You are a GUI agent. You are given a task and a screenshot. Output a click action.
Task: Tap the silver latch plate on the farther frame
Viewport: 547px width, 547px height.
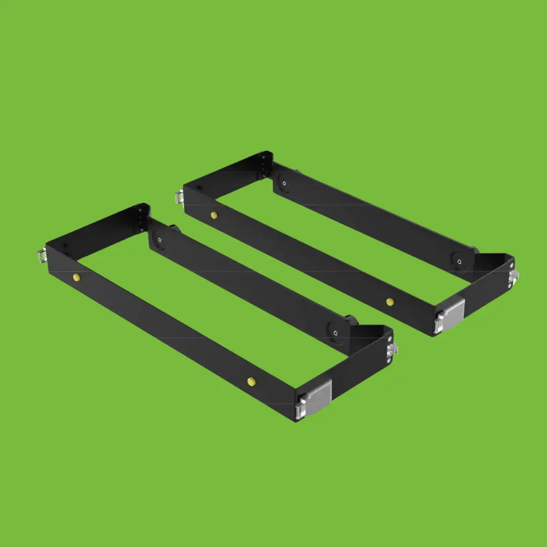[451, 315]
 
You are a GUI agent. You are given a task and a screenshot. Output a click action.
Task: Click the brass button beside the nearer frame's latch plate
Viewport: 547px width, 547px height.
[250, 381]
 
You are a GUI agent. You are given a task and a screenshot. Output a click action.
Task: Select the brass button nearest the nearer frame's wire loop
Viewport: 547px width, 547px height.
[76, 277]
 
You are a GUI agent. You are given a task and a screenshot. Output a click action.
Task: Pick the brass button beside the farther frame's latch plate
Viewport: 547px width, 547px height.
[389, 302]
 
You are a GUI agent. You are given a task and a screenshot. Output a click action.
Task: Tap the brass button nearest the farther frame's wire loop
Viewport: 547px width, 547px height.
[214, 215]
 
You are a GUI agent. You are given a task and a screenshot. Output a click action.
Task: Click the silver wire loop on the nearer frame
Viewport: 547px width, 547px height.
[42, 256]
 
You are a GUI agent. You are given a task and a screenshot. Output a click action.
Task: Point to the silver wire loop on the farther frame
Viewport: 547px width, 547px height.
[179, 196]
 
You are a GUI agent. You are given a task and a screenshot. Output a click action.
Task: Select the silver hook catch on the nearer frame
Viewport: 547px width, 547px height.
[392, 350]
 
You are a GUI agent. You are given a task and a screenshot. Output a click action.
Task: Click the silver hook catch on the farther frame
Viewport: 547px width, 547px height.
[515, 276]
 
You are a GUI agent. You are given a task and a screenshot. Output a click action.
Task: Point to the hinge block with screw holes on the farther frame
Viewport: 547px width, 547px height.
[265, 164]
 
